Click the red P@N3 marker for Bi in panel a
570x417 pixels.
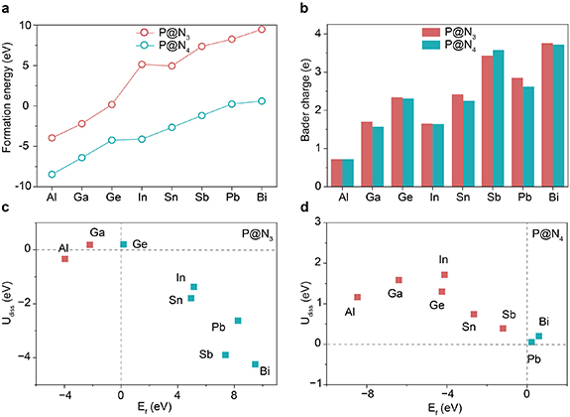pos(262,29)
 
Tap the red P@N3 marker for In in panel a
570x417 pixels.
pos(143,65)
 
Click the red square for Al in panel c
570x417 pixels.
pos(64,259)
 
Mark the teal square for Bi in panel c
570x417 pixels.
pos(256,364)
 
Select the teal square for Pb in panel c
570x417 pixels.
pos(238,321)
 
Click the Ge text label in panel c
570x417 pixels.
pos(141,244)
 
